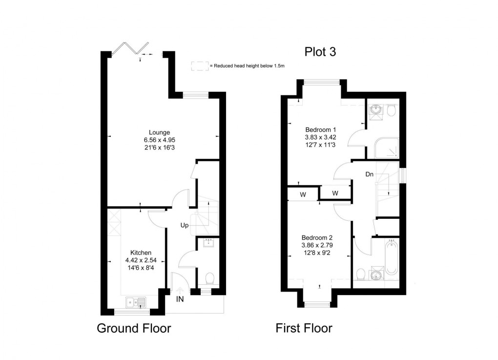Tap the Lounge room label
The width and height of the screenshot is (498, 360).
(x=160, y=132)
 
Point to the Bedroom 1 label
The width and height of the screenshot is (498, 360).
(x=320, y=129)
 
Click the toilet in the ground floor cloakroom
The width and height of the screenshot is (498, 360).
(x=210, y=278)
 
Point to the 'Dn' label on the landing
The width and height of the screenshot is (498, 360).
(x=370, y=173)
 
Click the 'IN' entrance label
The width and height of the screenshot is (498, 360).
(x=180, y=299)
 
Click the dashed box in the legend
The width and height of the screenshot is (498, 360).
(x=199, y=66)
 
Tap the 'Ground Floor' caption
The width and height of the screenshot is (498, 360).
(x=134, y=328)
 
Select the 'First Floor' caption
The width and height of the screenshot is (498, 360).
(x=304, y=328)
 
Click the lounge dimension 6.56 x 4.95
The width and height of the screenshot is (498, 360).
(x=160, y=139)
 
